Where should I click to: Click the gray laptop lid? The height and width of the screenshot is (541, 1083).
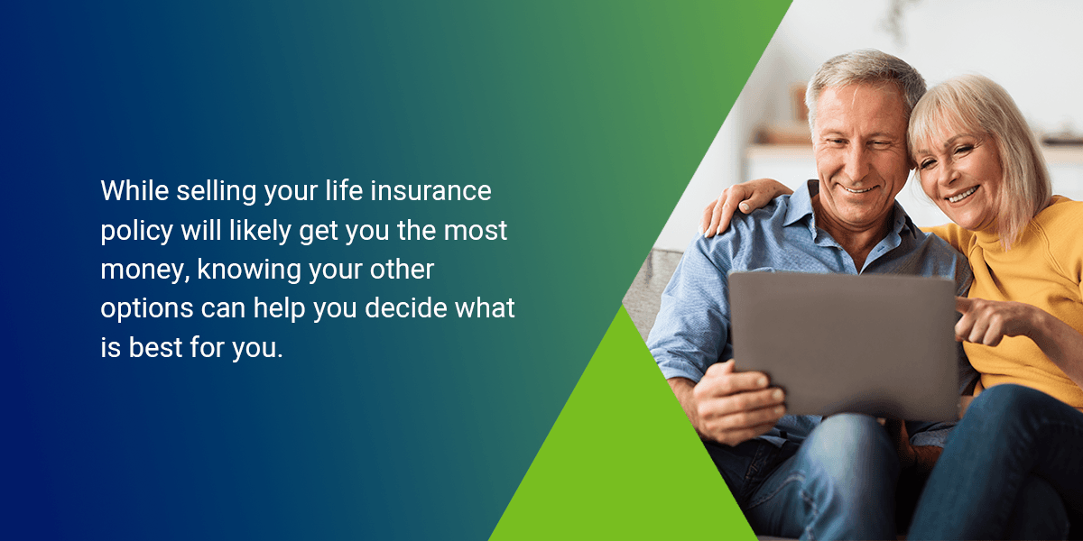844,343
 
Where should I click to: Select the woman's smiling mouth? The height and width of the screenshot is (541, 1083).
962,193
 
